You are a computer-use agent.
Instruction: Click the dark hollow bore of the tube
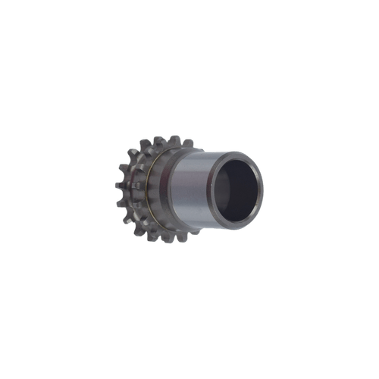point(236,189)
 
